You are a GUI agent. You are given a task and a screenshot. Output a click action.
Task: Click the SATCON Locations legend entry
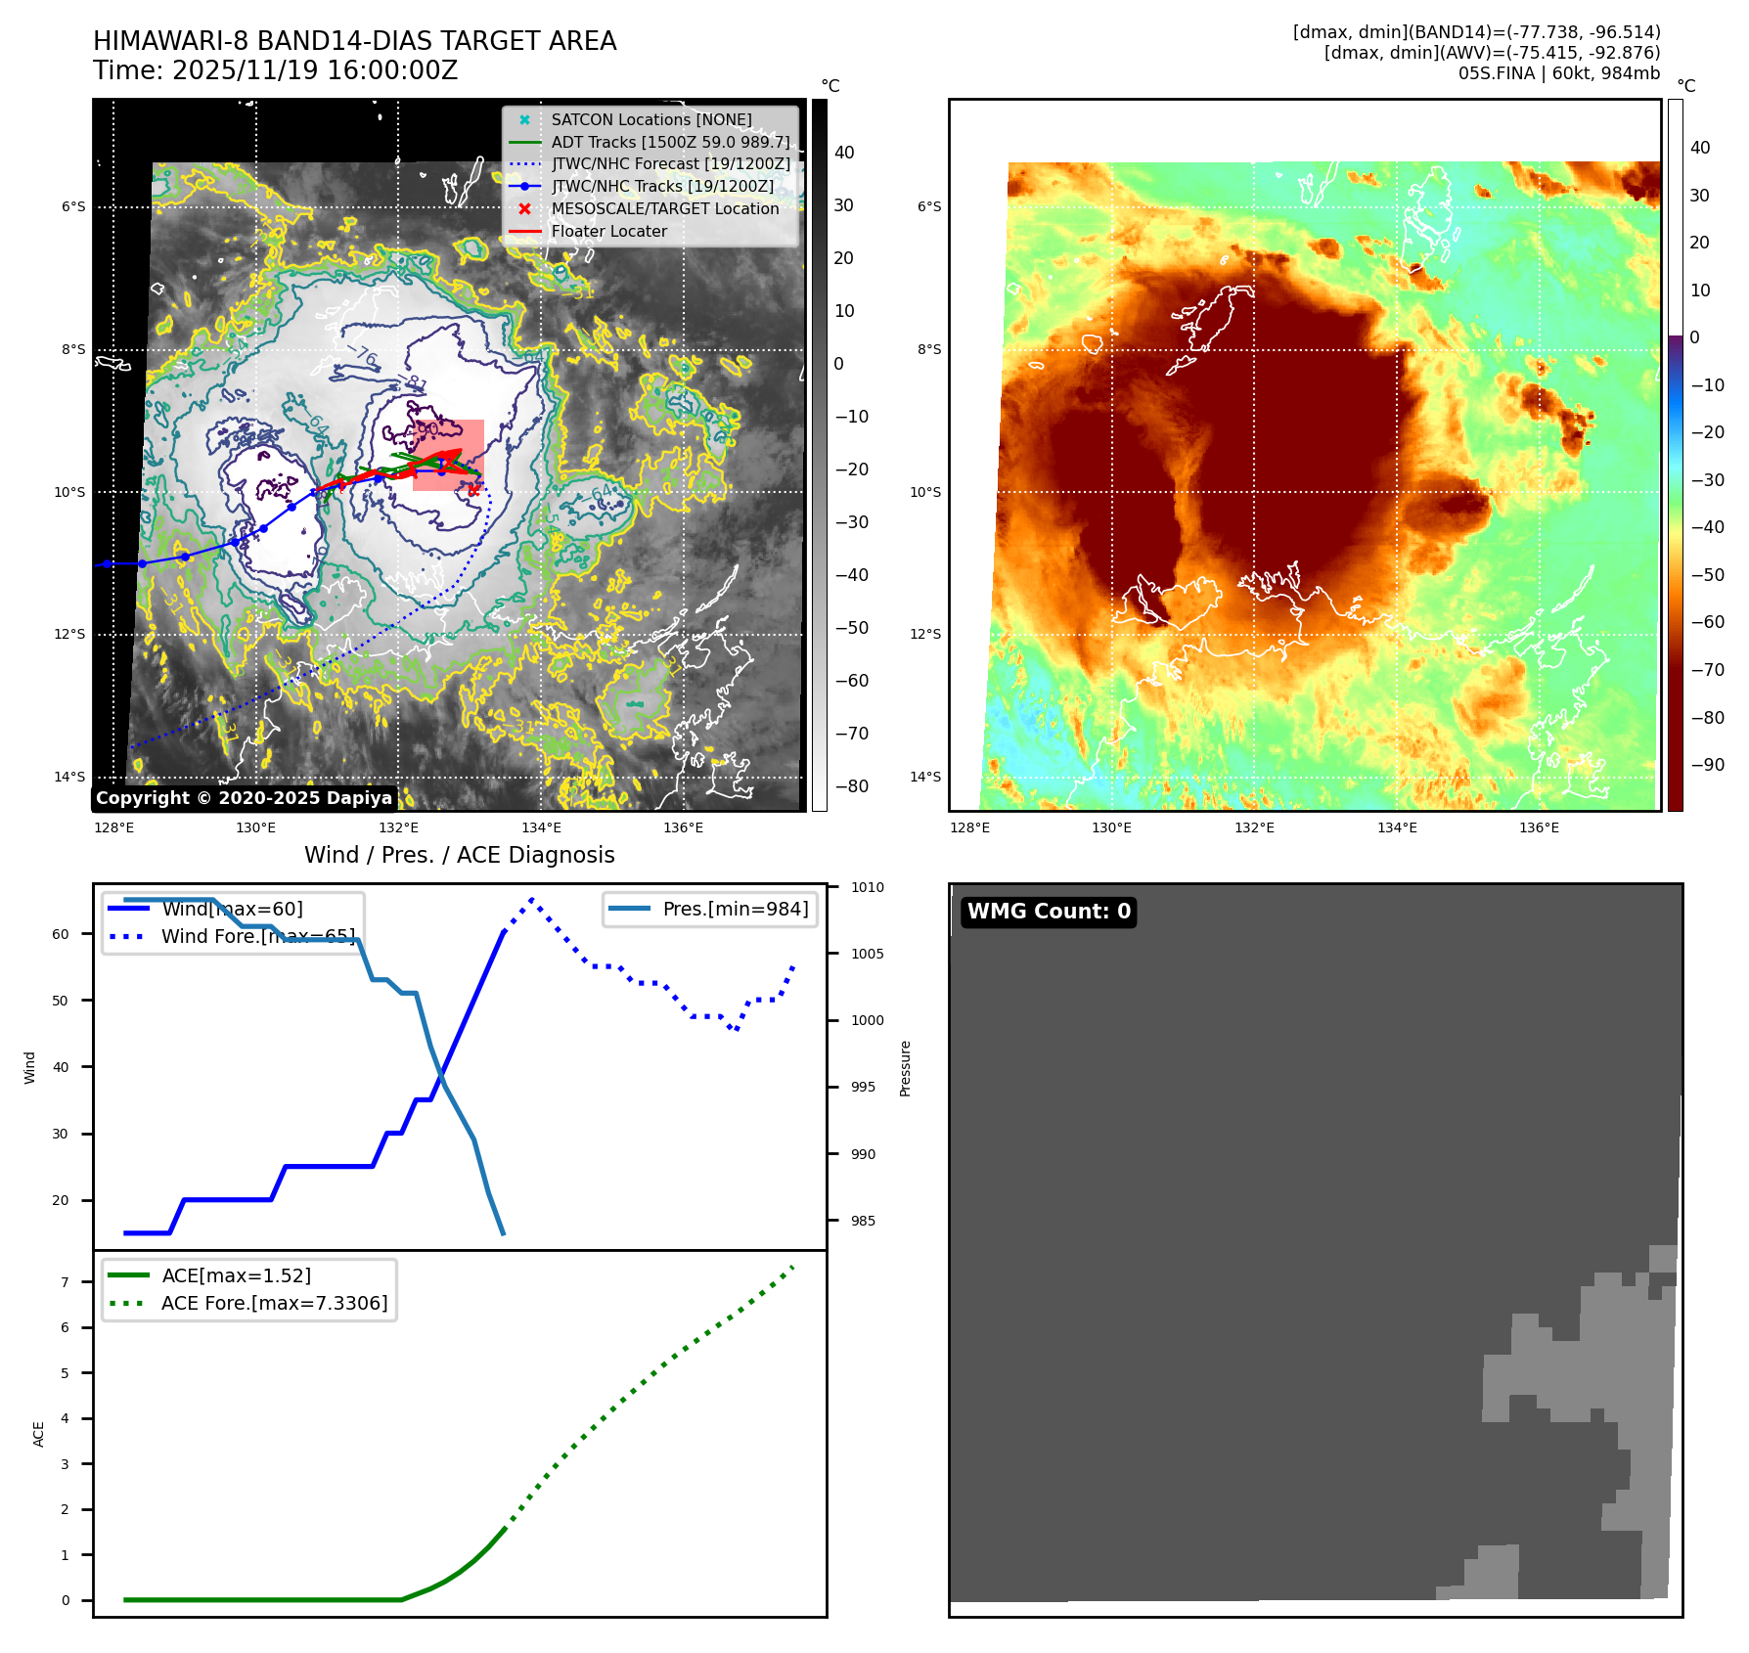650,119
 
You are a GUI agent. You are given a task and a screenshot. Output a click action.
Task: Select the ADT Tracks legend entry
669,142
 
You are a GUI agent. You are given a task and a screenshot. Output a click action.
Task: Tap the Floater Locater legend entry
608,231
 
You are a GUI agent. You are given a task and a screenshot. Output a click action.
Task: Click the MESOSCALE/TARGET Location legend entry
664,208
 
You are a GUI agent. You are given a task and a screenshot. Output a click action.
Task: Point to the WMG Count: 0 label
1049,912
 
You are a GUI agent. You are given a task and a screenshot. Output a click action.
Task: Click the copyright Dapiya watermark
244,798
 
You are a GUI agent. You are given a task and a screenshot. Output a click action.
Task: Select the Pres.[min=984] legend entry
735,909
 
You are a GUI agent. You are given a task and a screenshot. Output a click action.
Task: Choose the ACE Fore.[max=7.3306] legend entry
274,1303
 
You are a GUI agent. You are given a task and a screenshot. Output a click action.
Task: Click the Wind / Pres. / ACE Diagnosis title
459,855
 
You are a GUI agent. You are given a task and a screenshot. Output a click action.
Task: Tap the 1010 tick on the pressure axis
867,888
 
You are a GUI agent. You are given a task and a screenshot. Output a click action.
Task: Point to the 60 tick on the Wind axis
61,934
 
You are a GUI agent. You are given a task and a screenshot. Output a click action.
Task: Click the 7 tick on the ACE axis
66,1282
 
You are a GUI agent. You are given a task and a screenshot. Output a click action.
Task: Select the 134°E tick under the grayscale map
541,827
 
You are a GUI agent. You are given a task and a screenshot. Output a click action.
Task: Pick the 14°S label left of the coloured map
925,777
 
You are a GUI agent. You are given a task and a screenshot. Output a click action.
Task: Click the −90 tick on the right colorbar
1708,765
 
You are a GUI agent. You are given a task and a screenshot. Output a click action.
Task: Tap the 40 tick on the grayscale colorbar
844,153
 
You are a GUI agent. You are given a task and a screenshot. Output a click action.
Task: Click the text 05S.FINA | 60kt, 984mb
1558,73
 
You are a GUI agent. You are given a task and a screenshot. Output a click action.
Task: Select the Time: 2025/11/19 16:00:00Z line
275,70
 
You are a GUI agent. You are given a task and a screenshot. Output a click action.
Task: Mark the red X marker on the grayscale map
474,490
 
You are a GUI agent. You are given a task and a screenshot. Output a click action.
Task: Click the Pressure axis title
905,1068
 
